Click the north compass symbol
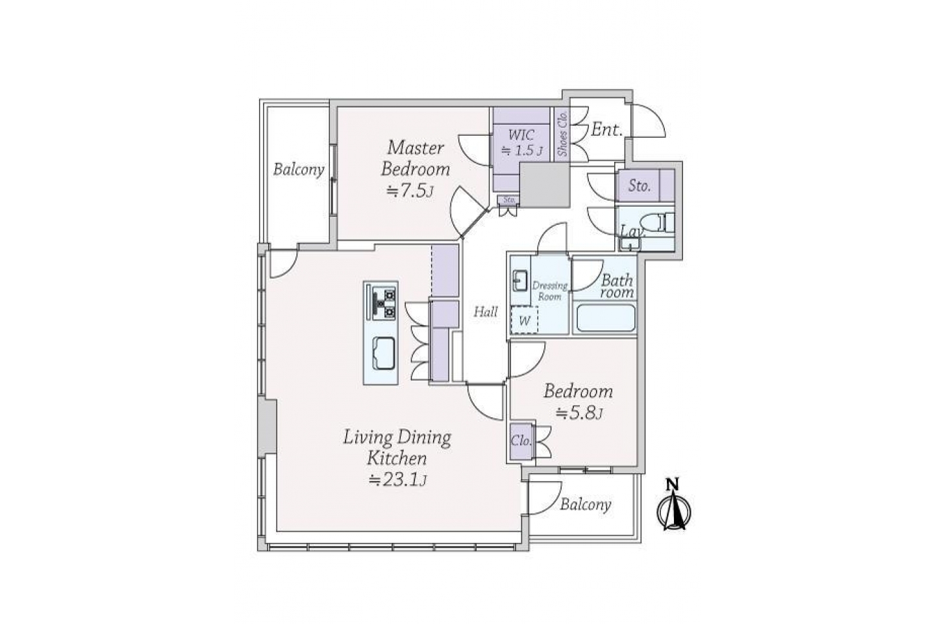[673, 506]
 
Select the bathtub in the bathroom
[605, 318]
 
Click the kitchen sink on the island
[383, 353]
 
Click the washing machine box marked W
[524, 320]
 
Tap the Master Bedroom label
[416, 159]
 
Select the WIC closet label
[521, 135]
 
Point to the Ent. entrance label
[607, 129]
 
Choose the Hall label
[486, 312]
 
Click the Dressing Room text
[550, 291]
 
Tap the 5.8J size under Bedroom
[580, 413]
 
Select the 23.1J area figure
[398, 480]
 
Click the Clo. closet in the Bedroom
[521, 442]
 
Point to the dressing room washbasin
[519, 281]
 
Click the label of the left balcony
[299, 170]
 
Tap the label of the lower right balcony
[586, 504]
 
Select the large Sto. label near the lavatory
[640, 185]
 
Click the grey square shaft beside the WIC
[545, 185]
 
